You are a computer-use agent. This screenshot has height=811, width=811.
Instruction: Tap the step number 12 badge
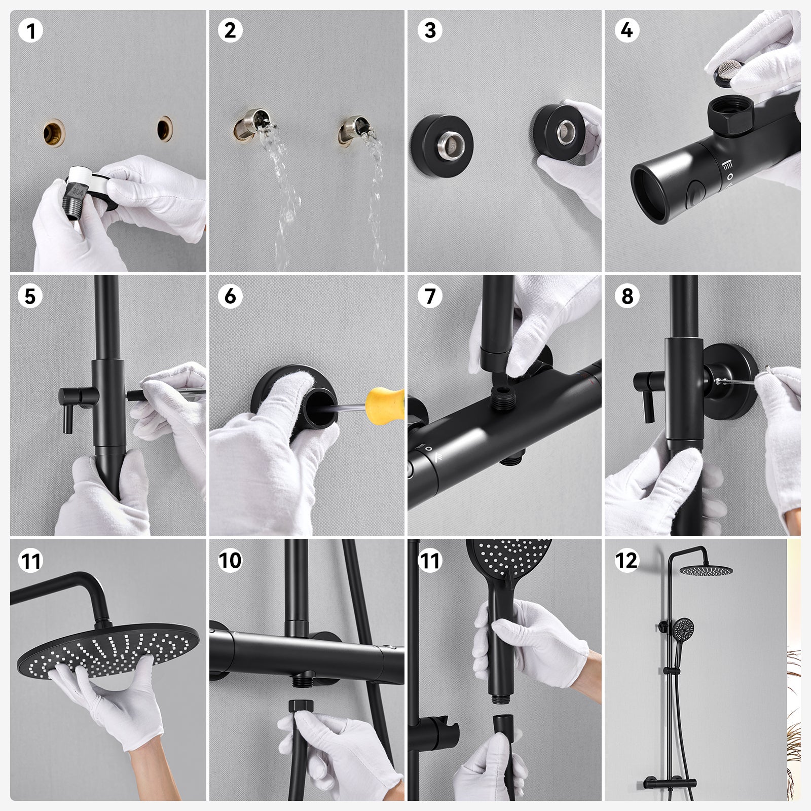627,561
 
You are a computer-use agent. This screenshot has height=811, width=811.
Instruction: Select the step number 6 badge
230,296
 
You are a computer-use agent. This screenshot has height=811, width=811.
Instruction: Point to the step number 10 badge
230,561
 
